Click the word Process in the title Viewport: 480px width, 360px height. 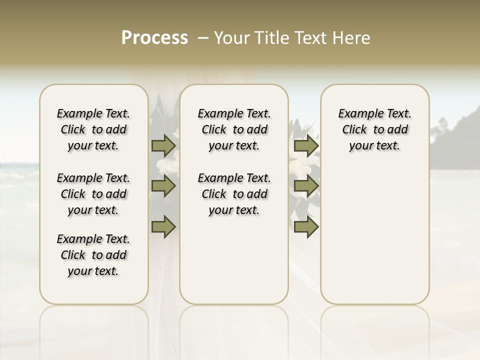pos(154,38)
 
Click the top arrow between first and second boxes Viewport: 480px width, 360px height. pos(163,146)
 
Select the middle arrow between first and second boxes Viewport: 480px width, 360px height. pos(163,186)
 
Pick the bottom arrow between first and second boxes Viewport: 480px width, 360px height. pos(163,227)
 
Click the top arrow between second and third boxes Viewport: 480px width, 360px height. pos(306,146)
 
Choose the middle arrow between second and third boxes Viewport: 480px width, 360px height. pos(306,186)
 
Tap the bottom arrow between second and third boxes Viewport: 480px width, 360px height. pos(306,227)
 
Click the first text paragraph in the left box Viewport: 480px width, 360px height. pos(93,129)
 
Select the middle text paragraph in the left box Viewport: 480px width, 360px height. pos(93,194)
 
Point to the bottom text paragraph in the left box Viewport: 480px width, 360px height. pos(93,255)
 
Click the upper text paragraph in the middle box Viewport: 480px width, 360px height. pos(234,129)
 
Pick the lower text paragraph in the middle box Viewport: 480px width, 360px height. pos(234,194)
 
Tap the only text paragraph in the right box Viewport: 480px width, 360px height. pos(374,129)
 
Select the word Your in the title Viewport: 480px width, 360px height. pos(230,38)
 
